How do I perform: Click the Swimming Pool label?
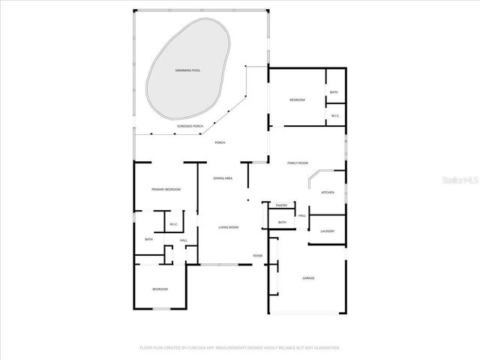(x=187, y=70)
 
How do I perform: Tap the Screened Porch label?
(x=190, y=126)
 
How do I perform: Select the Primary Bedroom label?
(x=166, y=190)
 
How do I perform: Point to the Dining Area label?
(x=223, y=178)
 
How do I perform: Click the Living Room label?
(x=228, y=226)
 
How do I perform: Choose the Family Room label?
(x=298, y=163)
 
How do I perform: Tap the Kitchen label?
(x=328, y=193)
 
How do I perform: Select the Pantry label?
(x=282, y=205)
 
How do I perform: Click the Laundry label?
(x=327, y=231)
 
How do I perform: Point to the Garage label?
(x=308, y=277)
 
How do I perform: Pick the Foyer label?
(x=257, y=255)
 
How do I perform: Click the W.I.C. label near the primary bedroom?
(x=173, y=224)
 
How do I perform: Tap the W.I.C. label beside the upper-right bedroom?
(x=335, y=115)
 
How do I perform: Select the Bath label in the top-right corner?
(x=334, y=93)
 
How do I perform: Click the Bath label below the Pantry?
(x=283, y=222)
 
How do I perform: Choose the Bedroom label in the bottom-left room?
(x=160, y=289)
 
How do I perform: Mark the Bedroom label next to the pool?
(x=298, y=100)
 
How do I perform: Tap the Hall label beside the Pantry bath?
(x=302, y=216)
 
